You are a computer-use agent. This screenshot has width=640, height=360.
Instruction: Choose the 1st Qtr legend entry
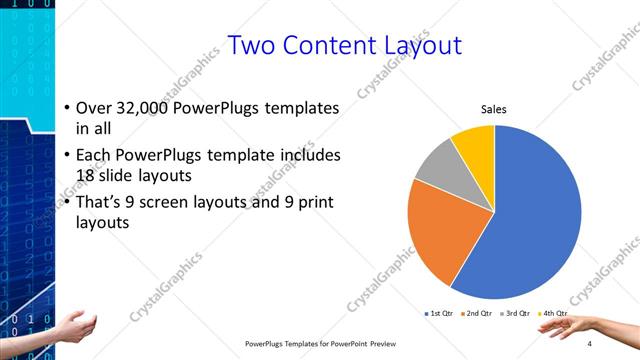pyautogui.click(x=439, y=315)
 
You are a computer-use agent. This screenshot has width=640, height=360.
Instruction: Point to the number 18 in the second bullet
pyautogui.click(x=87, y=173)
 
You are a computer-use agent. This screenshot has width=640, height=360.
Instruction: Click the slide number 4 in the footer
pyautogui.click(x=590, y=343)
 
